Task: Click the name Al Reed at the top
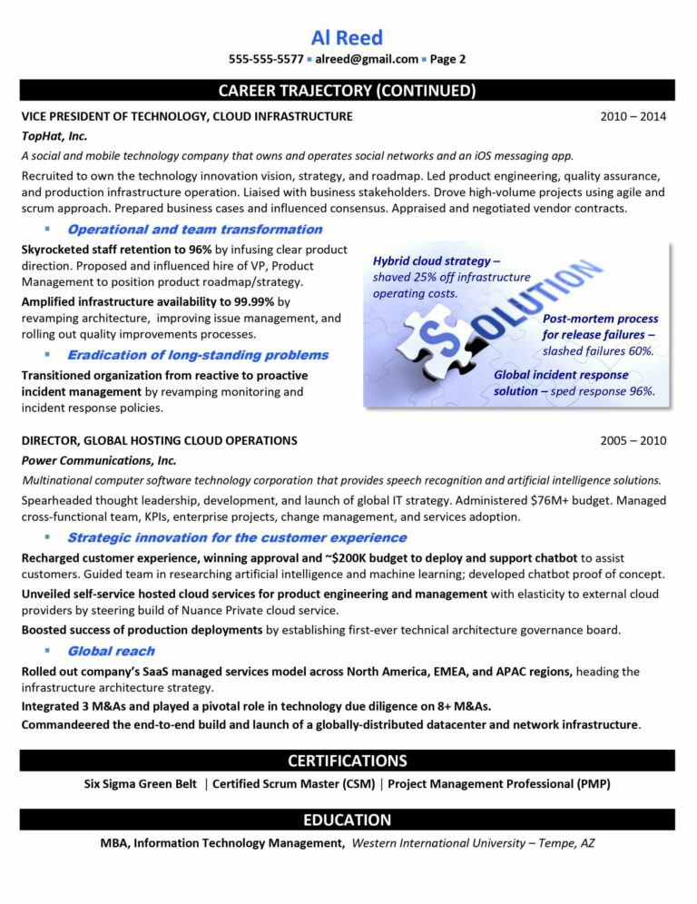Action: click(347, 37)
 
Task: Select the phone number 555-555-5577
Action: click(266, 60)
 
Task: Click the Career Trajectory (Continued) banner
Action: click(347, 90)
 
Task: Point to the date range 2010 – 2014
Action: click(633, 116)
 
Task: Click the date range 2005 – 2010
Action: click(633, 440)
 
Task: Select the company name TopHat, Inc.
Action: click(54, 135)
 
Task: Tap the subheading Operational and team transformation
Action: click(194, 230)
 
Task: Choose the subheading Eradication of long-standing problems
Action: click(197, 355)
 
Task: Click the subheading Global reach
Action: click(111, 651)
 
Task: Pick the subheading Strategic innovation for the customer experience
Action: click(236, 537)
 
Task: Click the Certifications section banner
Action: click(347, 761)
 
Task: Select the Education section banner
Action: click(347, 820)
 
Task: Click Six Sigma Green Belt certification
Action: click(141, 784)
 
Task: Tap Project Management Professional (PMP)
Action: click(498, 784)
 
